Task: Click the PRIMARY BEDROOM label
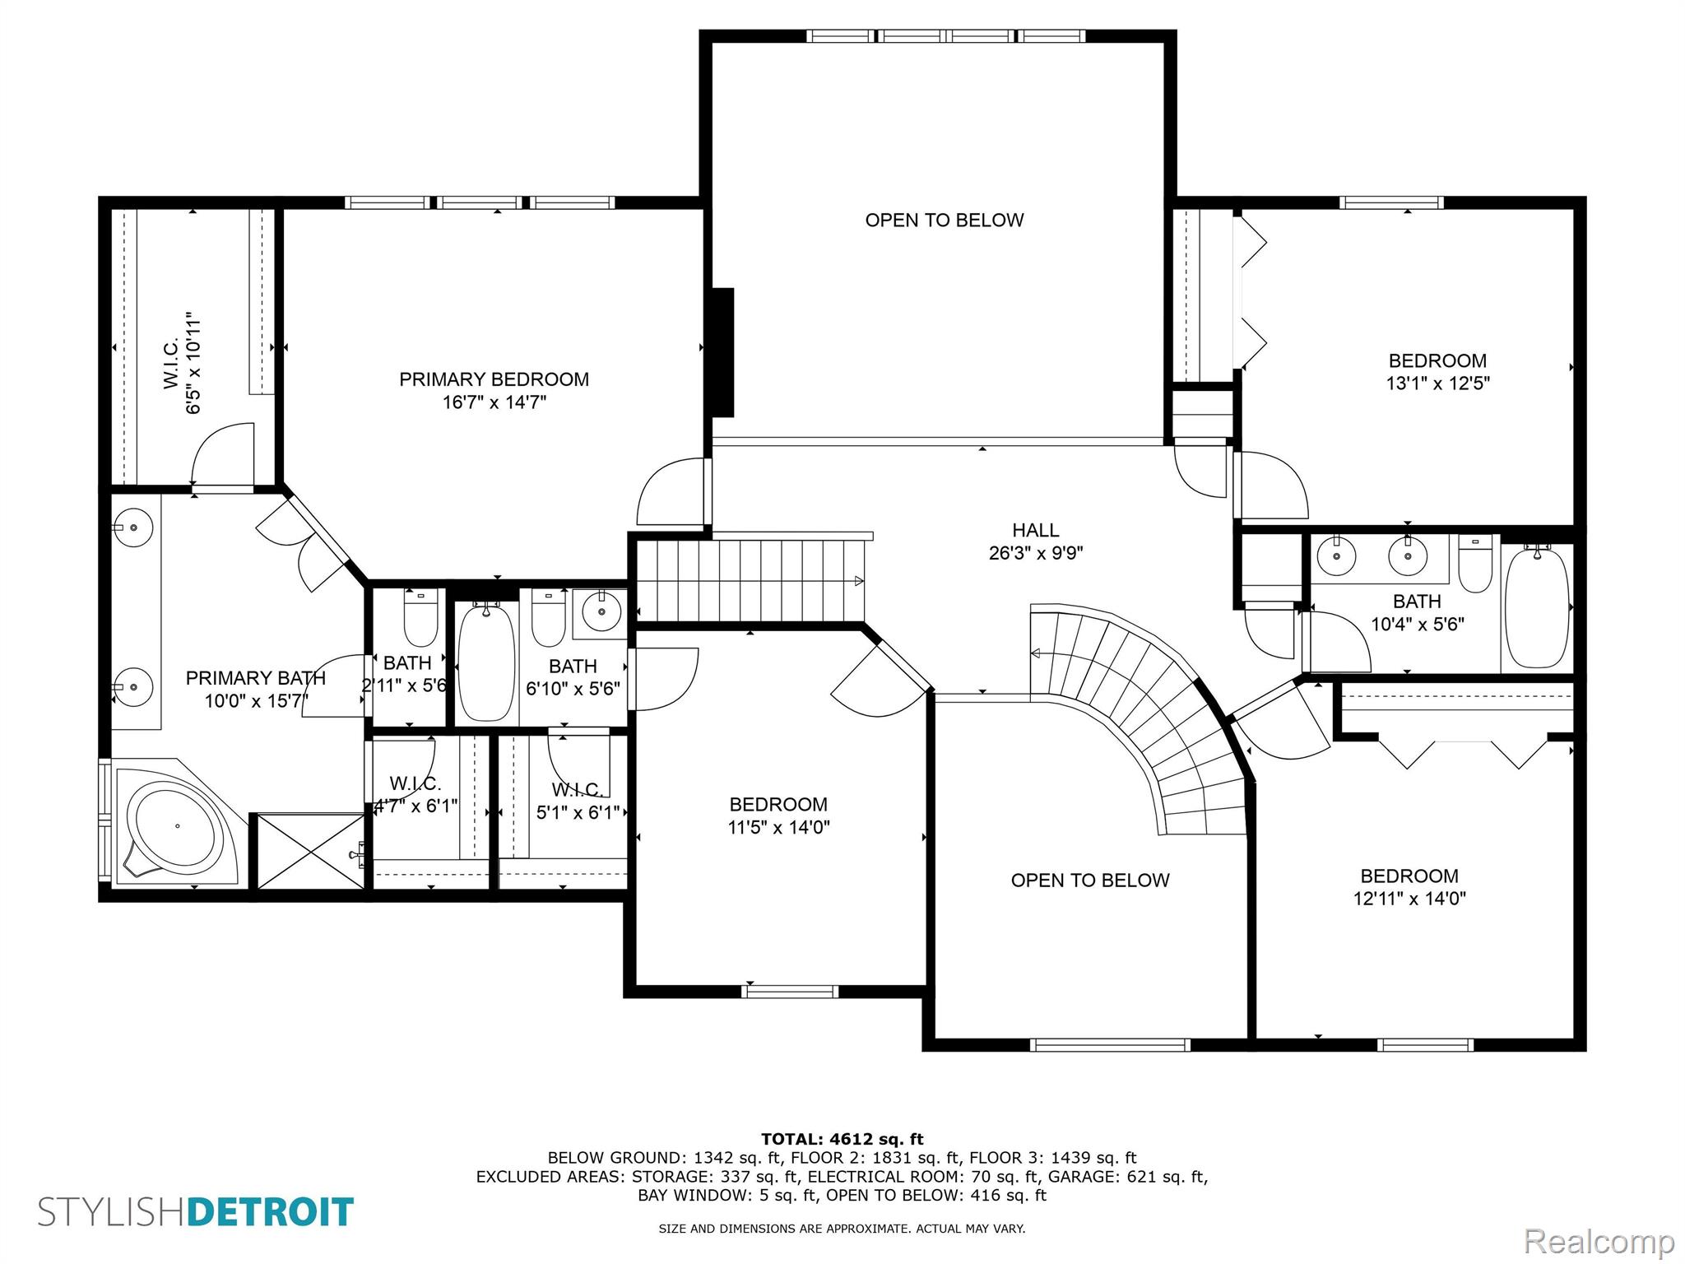[x=494, y=379]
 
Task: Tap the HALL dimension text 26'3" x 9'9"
[x=1036, y=553]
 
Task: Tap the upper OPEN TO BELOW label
[x=945, y=220]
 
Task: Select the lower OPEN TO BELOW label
[x=1090, y=881]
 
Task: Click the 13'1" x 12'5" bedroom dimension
[x=1438, y=383]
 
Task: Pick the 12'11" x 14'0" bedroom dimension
[x=1409, y=899]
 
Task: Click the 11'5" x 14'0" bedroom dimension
[x=778, y=827]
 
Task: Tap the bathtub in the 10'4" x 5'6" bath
[x=1537, y=607]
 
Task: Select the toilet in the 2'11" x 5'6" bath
[x=420, y=617]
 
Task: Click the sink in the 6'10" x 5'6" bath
[x=602, y=611]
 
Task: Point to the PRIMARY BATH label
[x=256, y=678]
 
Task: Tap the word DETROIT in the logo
[x=271, y=1212]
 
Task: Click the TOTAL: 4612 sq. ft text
[x=842, y=1139]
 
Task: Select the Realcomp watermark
[x=1599, y=1241]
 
